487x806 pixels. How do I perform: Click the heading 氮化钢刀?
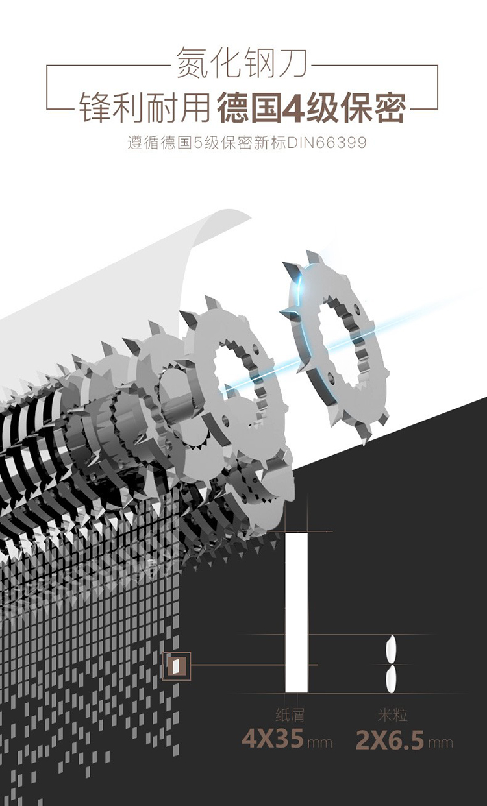(242, 62)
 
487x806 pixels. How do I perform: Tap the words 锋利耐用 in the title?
(145, 107)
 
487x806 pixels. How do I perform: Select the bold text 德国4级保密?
(312, 107)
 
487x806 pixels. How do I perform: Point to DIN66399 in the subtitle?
(326, 143)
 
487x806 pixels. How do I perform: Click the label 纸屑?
(290, 714)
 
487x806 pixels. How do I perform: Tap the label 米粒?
(393, 714)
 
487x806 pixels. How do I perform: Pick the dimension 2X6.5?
(390, 740)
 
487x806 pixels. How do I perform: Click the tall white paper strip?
(297, 612)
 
